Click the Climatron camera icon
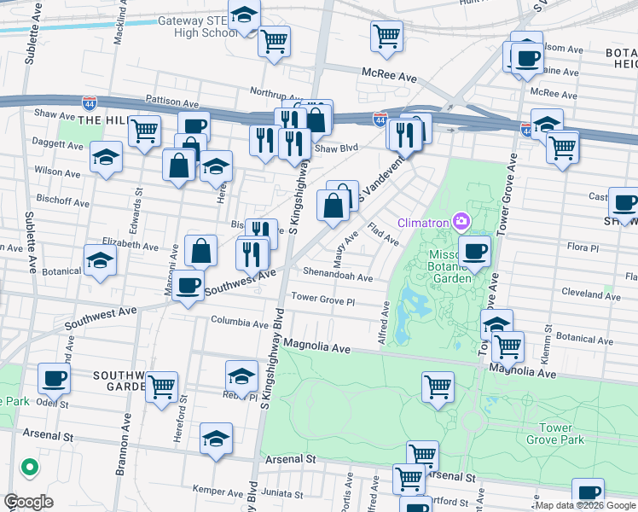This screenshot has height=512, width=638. (x=461, y=222)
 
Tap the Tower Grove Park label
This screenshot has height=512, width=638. (x=561, y=433)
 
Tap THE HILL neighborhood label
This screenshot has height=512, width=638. (x=102, y=121)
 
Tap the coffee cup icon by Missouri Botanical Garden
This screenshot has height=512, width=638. (x=475, y=250)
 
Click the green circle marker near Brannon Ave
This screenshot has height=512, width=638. (x=29, y=467)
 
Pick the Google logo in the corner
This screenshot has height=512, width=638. (x=27, y=502)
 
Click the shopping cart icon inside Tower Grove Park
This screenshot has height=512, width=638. (x=438, y=385)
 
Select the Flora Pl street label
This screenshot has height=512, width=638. (x=584, y=247)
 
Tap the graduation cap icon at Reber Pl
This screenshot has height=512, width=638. (x=241, y=375)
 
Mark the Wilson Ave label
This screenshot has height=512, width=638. (x=57, y=172)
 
